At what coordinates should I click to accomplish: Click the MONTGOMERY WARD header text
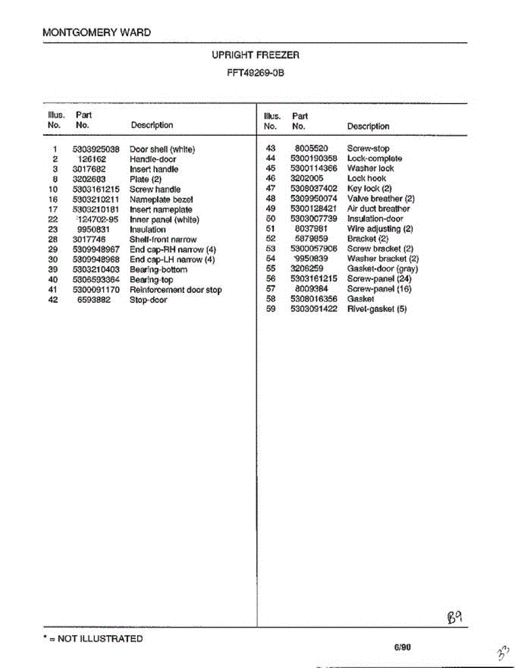[96, 32]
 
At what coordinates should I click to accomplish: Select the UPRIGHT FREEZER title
[255, 55]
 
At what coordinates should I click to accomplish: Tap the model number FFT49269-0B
[255, 72]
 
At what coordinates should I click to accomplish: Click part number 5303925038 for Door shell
[96, 149]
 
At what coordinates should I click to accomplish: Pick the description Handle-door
[153, 159]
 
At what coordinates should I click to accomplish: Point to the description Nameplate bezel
[161, 199]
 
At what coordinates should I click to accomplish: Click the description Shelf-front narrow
[163, 239]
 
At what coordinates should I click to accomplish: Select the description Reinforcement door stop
[175, 290]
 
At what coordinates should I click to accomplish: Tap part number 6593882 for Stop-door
[94, 300]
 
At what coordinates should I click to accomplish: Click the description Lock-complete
[374, 159]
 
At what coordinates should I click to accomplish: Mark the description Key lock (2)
[369, 189]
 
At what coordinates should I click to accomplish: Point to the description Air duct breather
[378, 209]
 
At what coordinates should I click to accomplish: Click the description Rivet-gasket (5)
[376, 309]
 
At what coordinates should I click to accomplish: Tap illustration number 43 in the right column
[271, 149]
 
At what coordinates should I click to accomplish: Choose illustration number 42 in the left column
[53, 300]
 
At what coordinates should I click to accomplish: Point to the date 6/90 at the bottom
[402, 647]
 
